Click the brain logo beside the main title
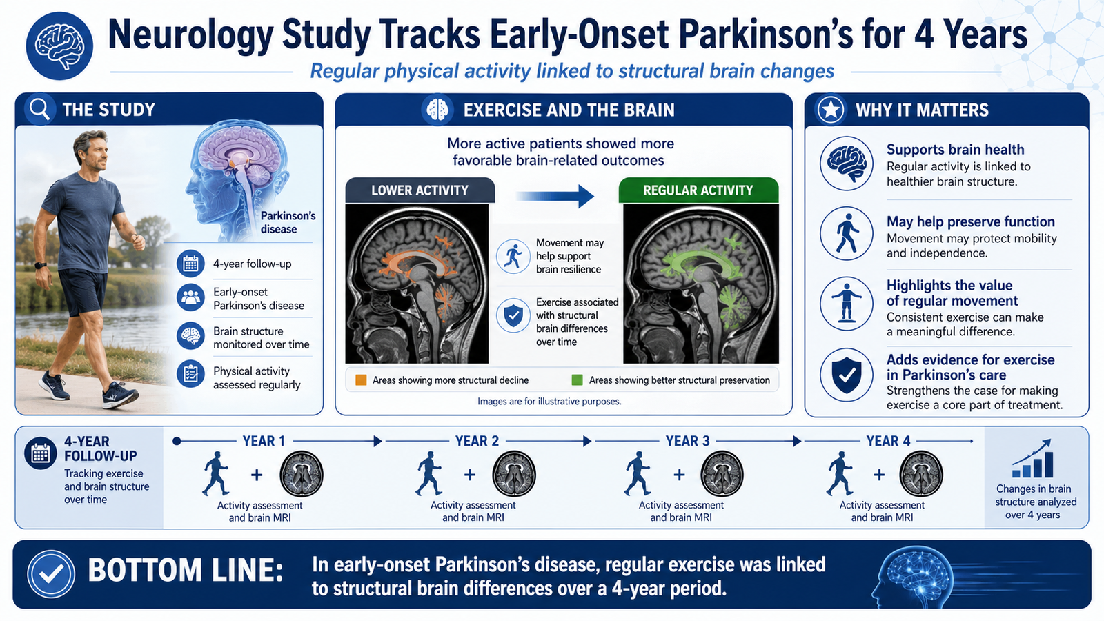59,46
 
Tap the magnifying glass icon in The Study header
39,108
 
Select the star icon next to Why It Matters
831,110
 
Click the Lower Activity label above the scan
420,190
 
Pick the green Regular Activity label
698,190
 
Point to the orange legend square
361,380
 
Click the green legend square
577,380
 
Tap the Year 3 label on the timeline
687,441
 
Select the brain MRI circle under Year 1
301,473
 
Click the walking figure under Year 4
841,473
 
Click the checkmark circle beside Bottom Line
51,574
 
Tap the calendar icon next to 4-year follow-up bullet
190,264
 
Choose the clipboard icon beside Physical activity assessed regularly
190,374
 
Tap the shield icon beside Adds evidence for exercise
847,375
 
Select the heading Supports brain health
955,149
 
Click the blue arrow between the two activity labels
555,196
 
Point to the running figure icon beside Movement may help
513,256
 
